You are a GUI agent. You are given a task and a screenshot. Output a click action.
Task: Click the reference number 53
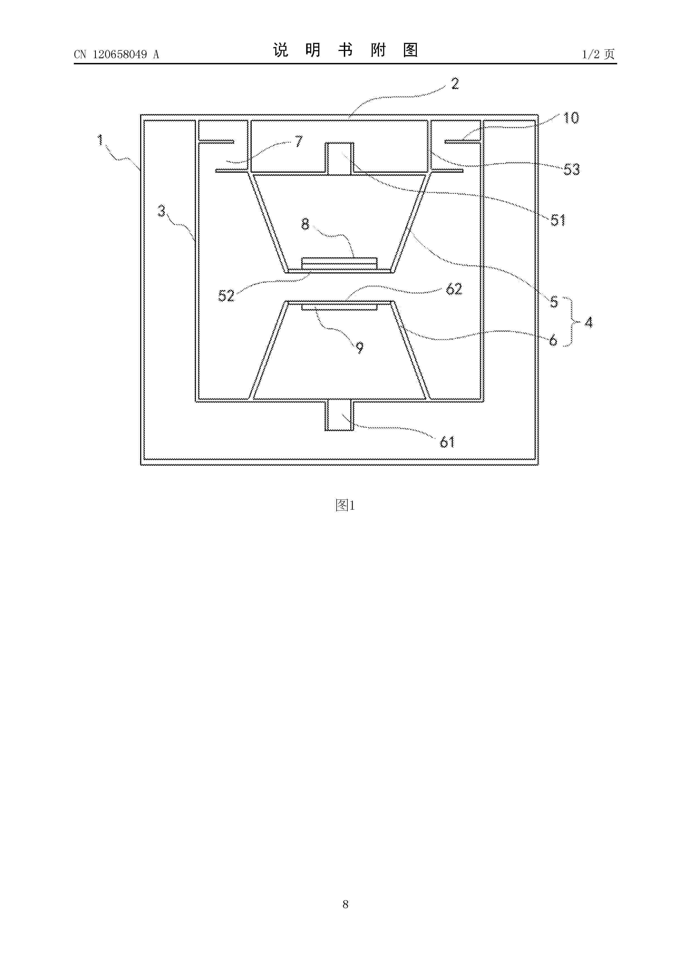click(571, 169)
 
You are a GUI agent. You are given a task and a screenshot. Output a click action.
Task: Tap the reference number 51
click(558, 220)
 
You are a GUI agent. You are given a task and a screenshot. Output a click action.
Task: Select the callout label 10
click(571, 118)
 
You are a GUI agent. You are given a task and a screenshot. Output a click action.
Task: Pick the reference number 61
click(447, 442)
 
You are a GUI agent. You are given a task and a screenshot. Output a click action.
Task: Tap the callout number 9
click(360, 348)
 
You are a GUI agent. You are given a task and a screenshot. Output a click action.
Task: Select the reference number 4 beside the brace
click(588, 322)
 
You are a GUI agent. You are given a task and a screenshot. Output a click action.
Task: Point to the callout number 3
click(161, 211)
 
